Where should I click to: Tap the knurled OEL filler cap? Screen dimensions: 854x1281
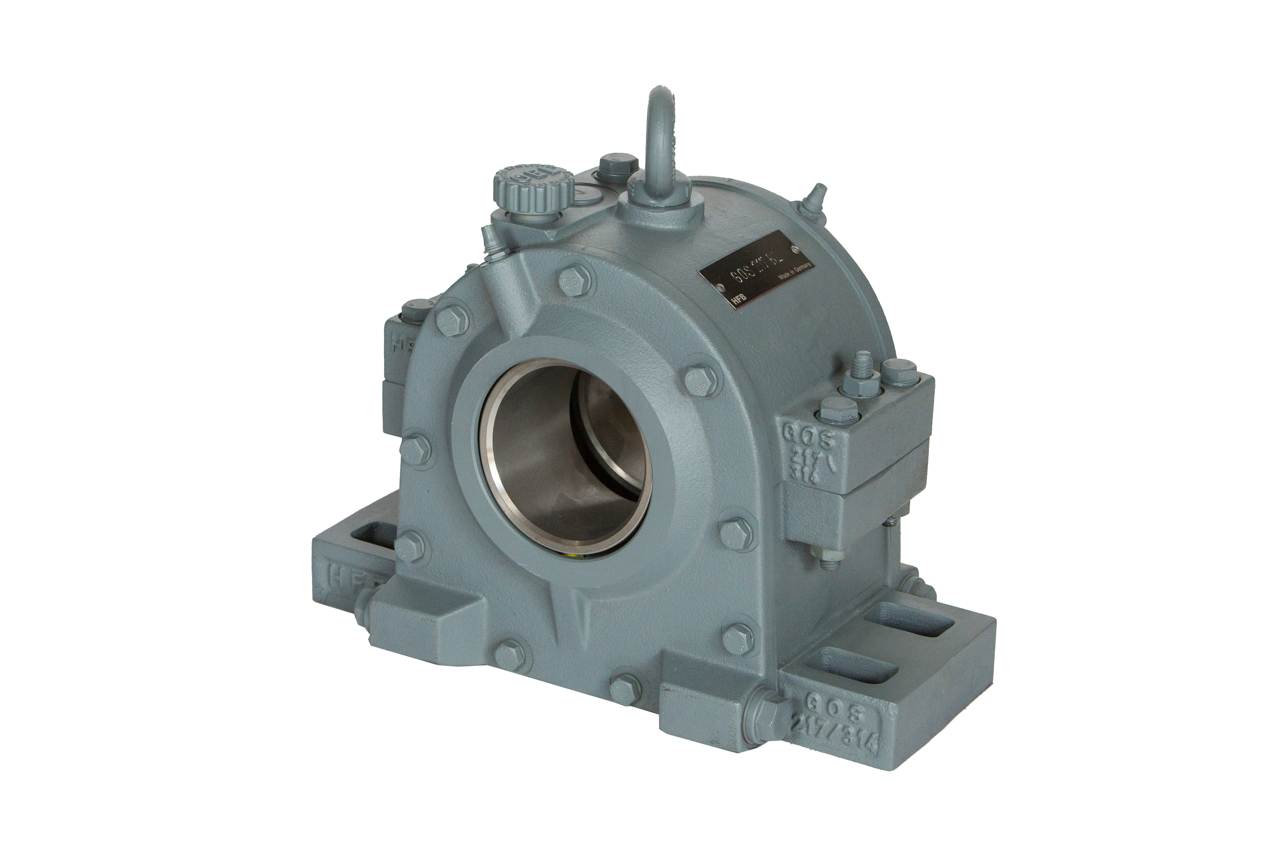point(533,188)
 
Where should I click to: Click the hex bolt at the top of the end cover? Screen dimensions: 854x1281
point(576,280)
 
